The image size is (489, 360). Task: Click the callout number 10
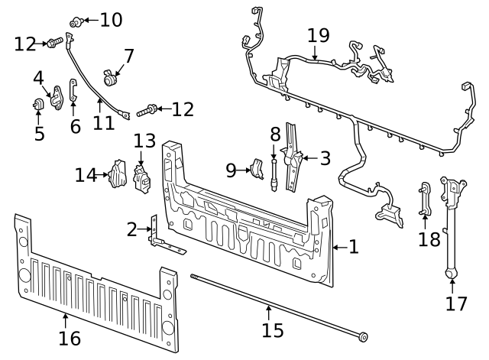111,20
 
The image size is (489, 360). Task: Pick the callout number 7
128,56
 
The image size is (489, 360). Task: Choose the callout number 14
86,175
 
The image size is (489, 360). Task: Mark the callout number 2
132,229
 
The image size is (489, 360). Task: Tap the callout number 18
429,239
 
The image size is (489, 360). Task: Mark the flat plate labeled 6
73,91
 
